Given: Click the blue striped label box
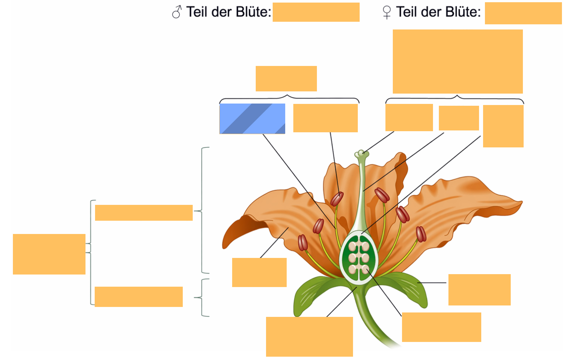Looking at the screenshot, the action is (x=252, y=119).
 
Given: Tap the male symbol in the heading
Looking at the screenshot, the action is (x=177, y=12).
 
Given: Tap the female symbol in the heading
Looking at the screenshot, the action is (x=387, y=13).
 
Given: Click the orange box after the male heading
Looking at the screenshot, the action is (x=316, y=12).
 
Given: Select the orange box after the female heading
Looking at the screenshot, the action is (x=523, y=13).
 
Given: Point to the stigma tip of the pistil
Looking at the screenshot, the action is (x=361, y=154).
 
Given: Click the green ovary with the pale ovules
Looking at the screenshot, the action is (x=359, y=258).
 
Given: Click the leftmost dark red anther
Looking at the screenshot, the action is (x=303, y=242).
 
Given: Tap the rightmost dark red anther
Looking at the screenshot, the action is (x=421, y=234).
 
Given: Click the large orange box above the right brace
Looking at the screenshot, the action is (x=458, y=62).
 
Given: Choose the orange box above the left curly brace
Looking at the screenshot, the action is (x=286, y=78).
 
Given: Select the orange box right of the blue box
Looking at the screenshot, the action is (x=325, y=118).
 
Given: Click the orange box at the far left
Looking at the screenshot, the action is (x=49, y=254).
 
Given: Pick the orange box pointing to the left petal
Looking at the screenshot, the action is (x=259, y=272).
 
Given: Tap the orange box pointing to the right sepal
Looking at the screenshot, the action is (x=479, y=290).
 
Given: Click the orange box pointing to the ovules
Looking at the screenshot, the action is (x=441, y=327).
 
